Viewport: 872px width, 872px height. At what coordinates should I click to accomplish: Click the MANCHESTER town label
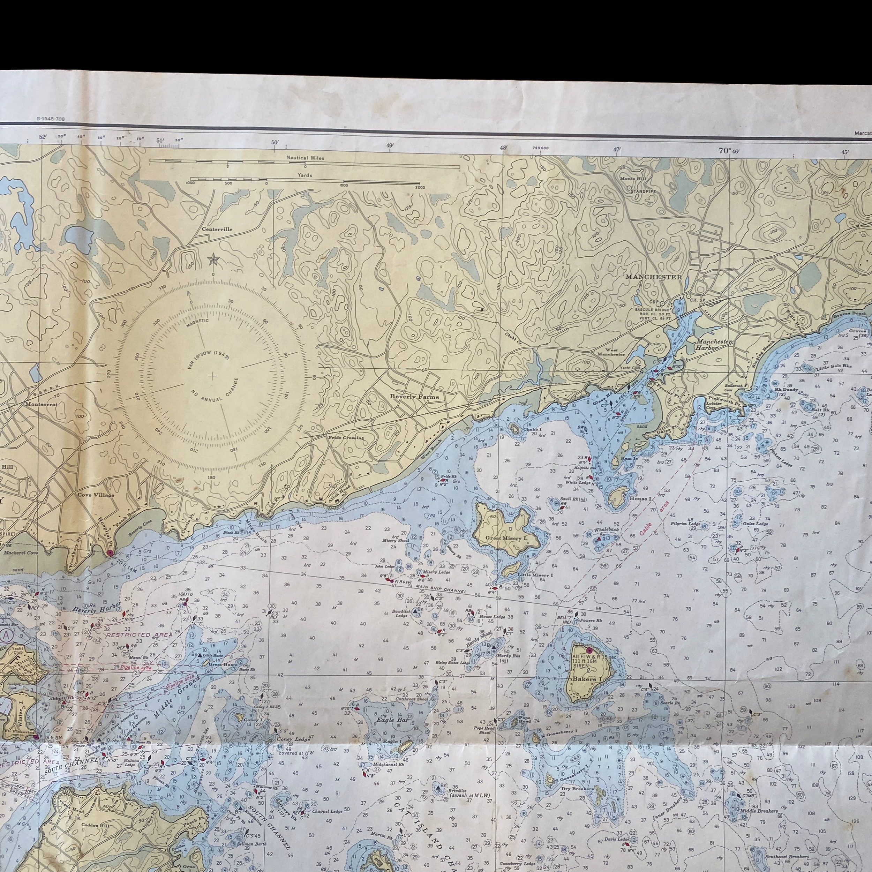pos(654,277)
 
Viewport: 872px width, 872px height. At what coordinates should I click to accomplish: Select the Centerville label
pos(217,229)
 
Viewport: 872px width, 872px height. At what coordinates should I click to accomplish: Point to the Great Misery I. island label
pos(506,538)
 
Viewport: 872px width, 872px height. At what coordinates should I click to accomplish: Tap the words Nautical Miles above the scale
pos(305,158)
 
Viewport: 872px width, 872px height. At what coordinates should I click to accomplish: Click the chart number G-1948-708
pos(51,119)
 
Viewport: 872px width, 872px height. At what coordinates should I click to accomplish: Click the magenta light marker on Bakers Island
pos(588,651)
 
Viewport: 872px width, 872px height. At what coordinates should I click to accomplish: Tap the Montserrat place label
pos(42,404)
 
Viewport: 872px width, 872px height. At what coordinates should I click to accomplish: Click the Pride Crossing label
pos(346,437)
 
